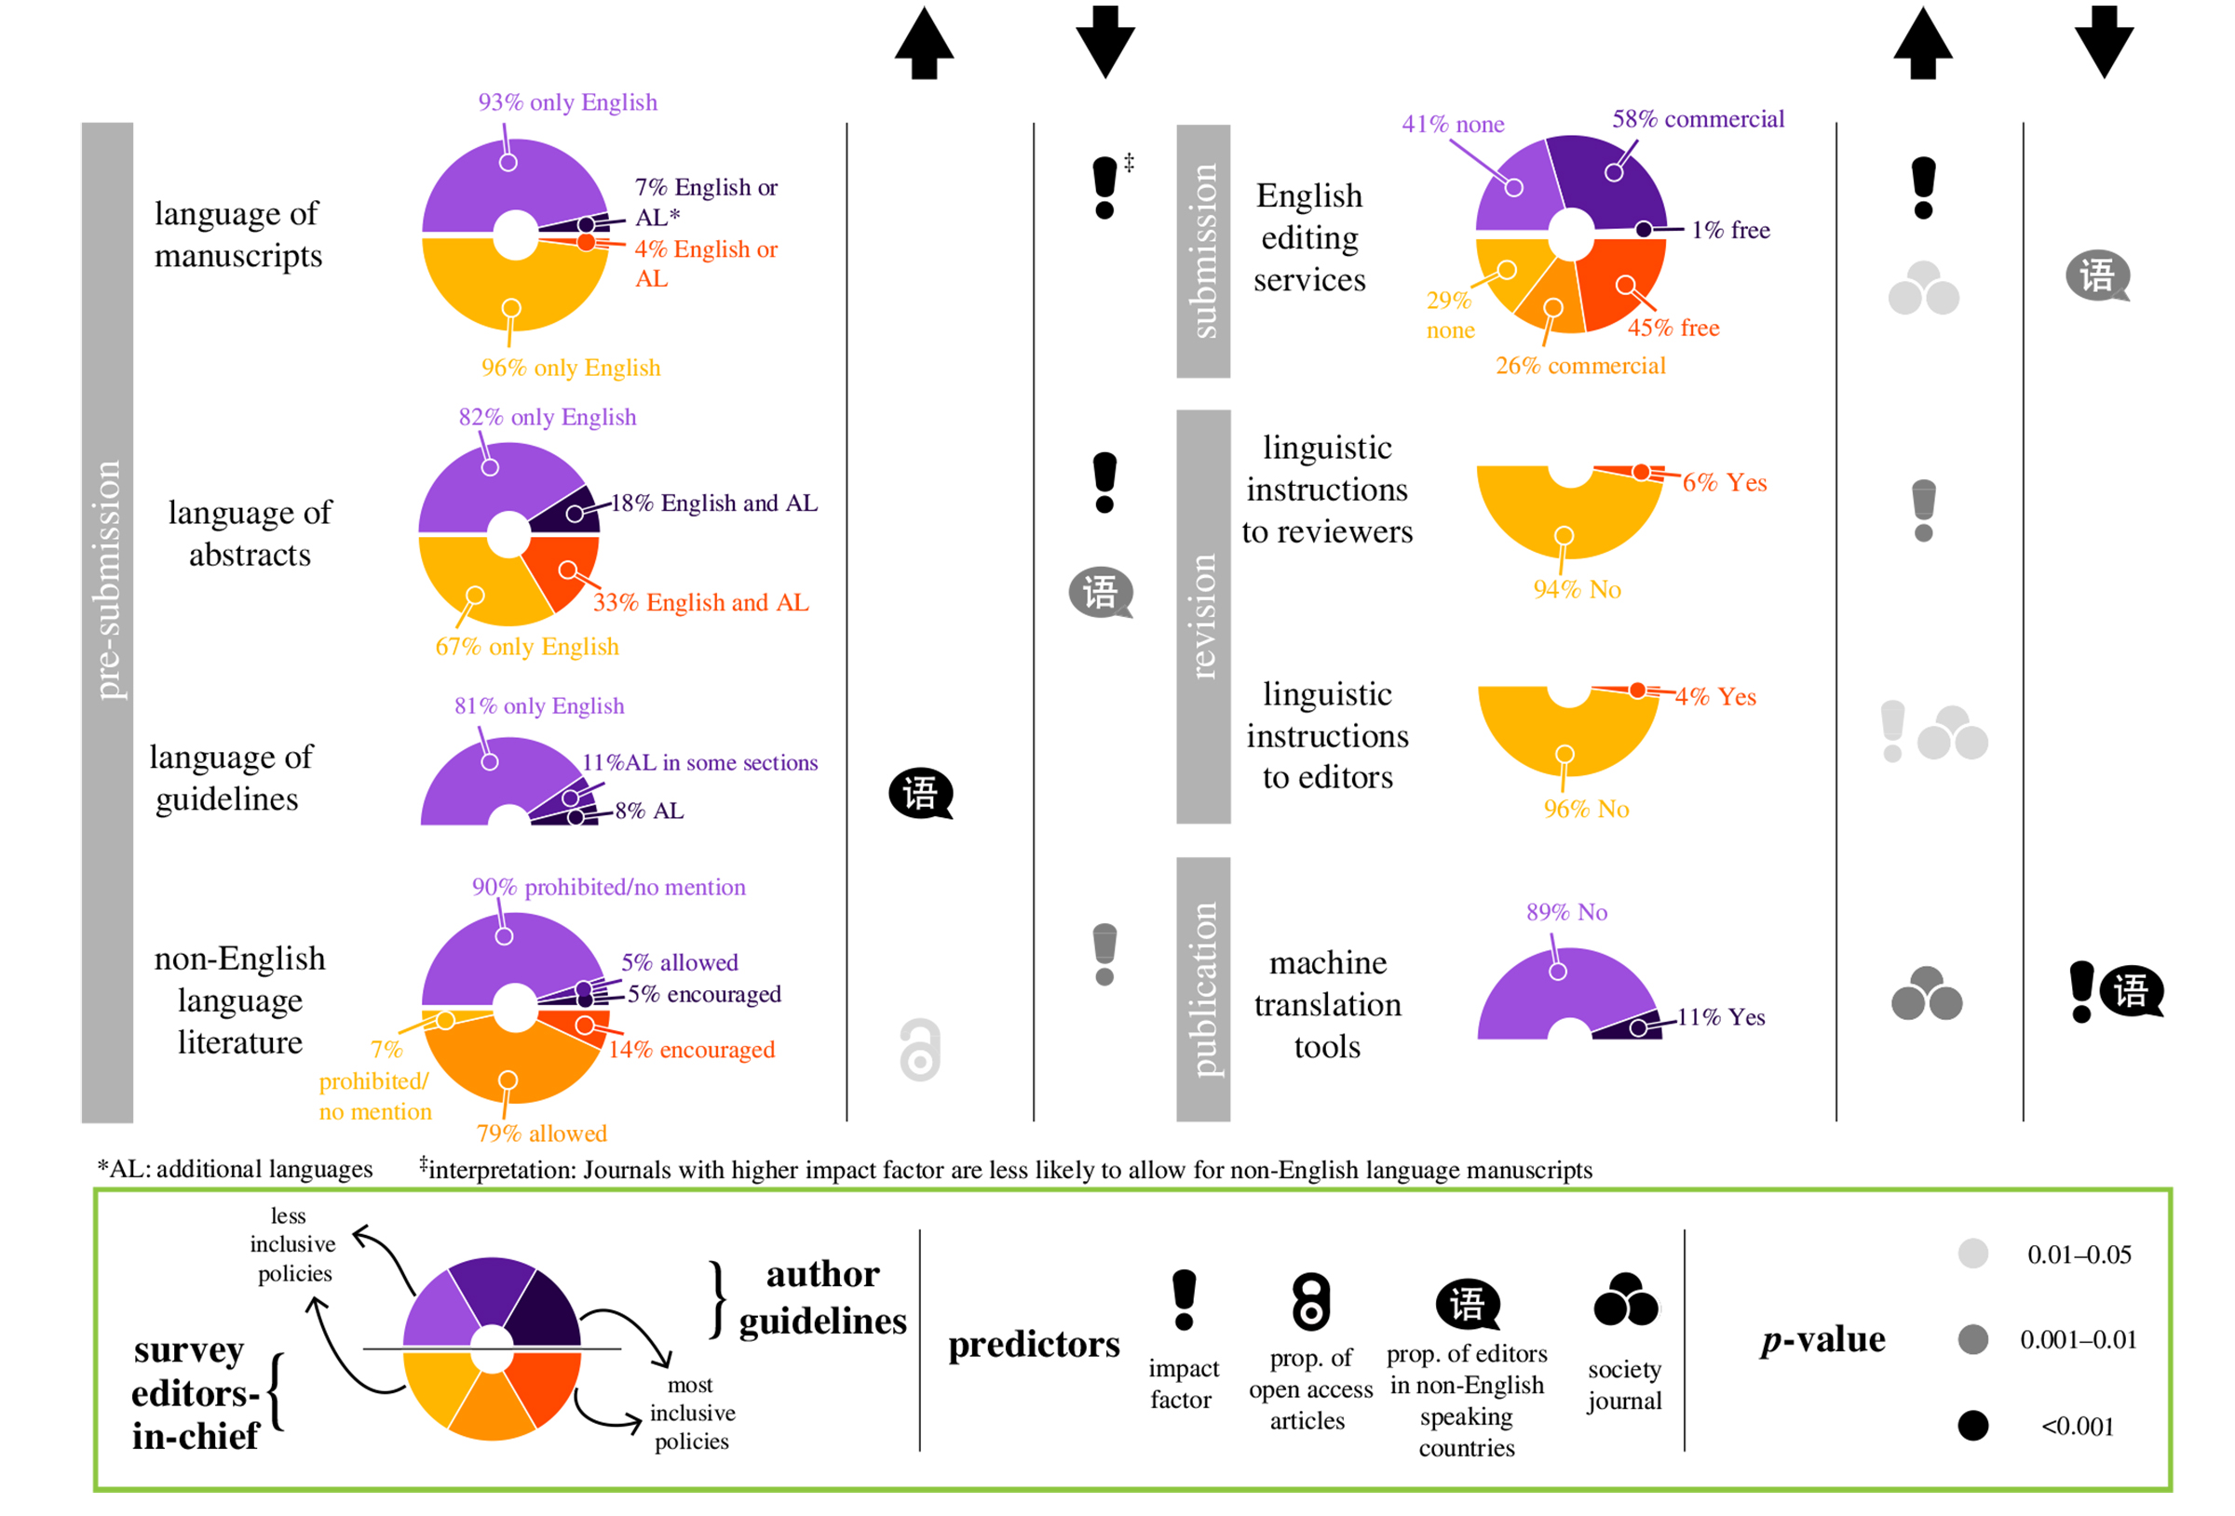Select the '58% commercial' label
[1698, 119]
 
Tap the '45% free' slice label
[1673, 328]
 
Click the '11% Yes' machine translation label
[1721, 1017]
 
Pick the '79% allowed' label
[541, 1134]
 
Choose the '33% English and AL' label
[700, 603]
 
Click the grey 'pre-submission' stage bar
[107, 622]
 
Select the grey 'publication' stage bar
[1202, 988]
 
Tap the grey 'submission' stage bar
[1202, 251]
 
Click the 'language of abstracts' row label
[251, 533]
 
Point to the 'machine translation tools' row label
[1327, 1004]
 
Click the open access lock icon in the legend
[1310, 1302]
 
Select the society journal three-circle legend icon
[1625, 1300]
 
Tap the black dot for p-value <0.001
[1972, 1426]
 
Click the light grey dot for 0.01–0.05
[1972, 1254]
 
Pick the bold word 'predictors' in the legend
[1034, 1344]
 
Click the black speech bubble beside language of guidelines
[920, 794]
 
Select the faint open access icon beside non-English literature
[920, 1050]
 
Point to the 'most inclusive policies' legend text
[692, 1413]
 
